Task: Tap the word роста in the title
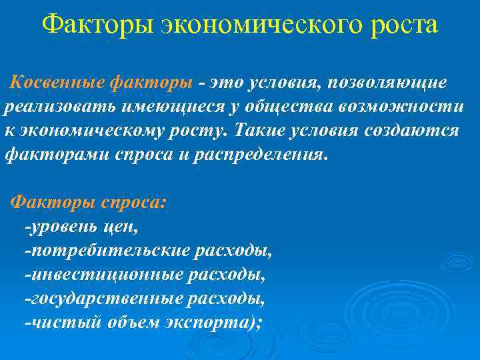click(x=401, y=26)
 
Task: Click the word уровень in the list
click(x=61, y=227)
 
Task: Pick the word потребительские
click(x=107, y=251)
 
